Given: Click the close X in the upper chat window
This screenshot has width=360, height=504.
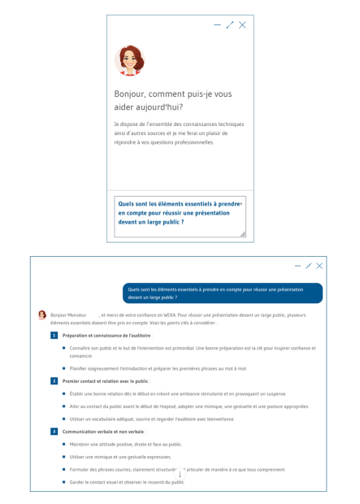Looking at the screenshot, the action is point(242,25).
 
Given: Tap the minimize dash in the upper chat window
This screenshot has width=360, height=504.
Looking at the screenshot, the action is point(217,25).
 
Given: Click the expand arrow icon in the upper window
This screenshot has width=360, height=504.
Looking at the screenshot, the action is point(230,25).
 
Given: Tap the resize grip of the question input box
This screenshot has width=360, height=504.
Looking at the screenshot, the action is point(241,233).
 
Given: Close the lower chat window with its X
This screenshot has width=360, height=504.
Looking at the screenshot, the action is point(319,266).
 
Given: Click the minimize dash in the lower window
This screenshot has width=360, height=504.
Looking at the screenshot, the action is point(297,266).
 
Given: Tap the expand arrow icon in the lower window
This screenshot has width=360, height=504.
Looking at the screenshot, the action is point(309,266).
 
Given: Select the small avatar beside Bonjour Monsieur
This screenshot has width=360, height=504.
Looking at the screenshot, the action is point(42,315).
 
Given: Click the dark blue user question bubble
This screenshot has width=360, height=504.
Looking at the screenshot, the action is point(223,293).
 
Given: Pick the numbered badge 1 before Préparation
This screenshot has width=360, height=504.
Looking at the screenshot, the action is point(54,335).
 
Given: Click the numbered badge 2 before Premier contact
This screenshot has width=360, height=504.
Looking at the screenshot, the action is point(54,380).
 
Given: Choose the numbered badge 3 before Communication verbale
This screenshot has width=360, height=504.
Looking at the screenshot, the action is point(54,432).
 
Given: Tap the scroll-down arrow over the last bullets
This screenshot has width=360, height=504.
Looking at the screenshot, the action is point(180,473).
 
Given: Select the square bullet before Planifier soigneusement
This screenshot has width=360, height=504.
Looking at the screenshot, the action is point(64,367).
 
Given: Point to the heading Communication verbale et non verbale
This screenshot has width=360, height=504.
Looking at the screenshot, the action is point(103,432).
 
